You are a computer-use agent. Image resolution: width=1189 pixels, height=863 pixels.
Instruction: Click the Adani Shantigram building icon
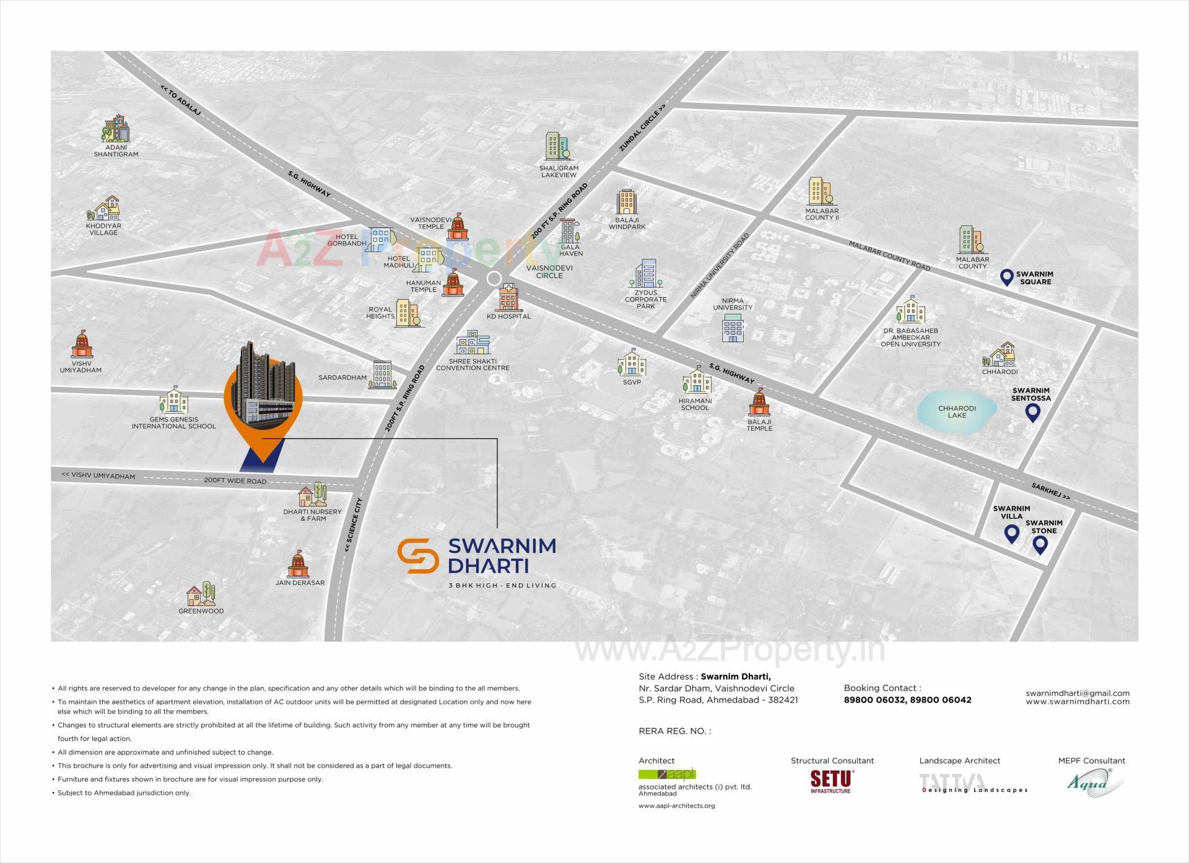tap(116, 129)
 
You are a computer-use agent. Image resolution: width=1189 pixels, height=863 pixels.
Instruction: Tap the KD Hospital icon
tap(508, 298)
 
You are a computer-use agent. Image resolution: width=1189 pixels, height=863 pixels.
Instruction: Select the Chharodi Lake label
tap(957, 412)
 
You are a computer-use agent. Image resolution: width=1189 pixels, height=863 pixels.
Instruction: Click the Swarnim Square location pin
tap(1007, 277)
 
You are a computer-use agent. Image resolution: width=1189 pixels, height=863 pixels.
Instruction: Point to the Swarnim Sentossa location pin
tap(1032, 412)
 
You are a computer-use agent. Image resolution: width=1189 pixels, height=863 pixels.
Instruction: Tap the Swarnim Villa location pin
tap(1011, 533)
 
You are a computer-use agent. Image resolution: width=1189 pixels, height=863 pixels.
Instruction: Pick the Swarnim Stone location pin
tap(1040, 545)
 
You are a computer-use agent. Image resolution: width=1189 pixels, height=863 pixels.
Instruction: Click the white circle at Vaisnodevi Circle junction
tap(494, 279)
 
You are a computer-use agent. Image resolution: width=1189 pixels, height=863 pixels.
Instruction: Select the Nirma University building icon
tap(733, 328)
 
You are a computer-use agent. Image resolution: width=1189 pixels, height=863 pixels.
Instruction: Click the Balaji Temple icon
tap(759, 404)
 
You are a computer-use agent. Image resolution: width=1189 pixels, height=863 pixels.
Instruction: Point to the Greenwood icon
tap(201, 594)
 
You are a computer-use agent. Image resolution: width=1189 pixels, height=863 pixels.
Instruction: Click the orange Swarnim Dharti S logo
tap(418, 556)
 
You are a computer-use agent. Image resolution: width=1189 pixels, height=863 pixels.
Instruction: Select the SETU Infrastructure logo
tap(832, 781)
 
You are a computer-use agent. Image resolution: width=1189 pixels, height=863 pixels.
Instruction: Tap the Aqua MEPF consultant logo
tap(1094, 783)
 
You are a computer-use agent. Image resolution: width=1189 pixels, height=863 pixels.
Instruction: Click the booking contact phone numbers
tap(907, 700)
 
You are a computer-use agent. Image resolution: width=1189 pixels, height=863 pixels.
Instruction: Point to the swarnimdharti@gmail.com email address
tap(1077, 693)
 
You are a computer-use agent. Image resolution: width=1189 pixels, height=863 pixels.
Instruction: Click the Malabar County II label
tap(822, 214)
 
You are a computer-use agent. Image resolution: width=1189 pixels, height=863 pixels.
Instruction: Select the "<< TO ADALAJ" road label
tap(181, 100)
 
